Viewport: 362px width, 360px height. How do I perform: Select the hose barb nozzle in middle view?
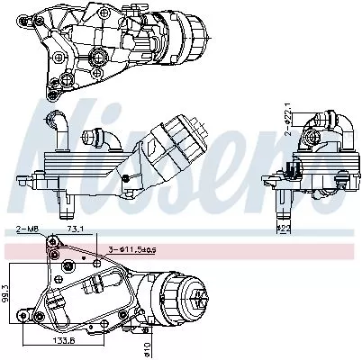[x=93, y=139]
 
